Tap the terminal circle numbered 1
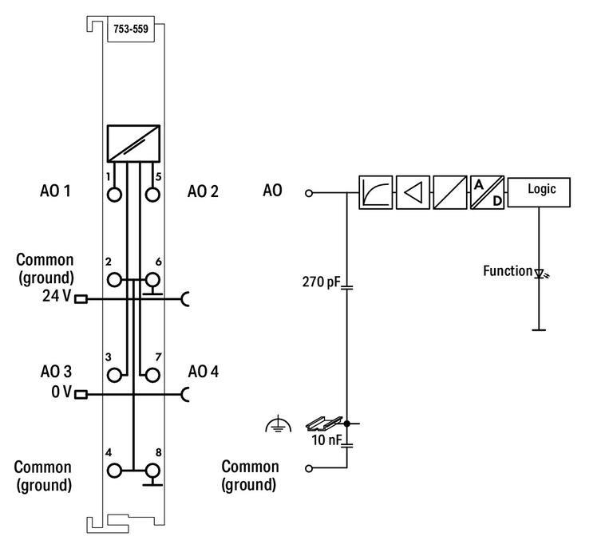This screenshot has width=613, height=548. pos(116,194)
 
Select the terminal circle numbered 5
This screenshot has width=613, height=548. pos(152,194)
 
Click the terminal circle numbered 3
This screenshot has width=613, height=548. pos(116,374)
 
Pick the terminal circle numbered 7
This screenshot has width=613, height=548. pos(152,374)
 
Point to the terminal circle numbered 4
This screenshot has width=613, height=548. pos(116,471)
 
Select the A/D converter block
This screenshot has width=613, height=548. pos(487,192)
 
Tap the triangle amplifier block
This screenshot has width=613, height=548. pos(413,192)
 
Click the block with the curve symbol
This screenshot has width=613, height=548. pos(375,192)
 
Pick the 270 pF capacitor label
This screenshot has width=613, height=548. pos(321,282)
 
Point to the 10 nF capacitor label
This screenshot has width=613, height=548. pos(326,439)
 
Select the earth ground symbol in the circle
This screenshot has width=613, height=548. pos(273,425)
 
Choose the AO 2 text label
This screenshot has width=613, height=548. pos(203,191)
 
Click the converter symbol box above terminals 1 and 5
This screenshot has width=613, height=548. pos(133,144)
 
